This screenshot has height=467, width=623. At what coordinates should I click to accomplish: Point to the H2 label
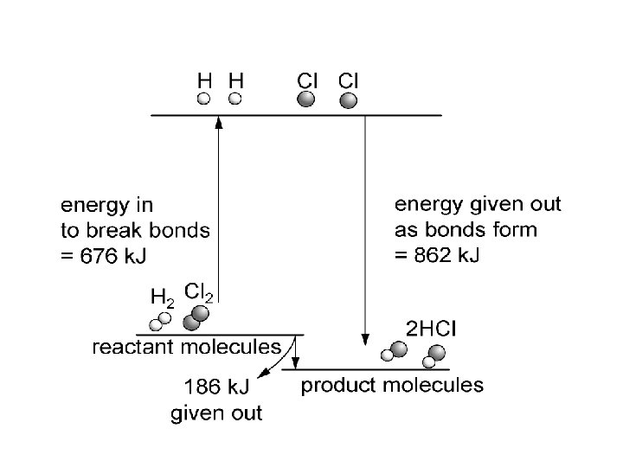(162, 297)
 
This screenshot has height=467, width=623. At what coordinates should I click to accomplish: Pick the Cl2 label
(198, 291)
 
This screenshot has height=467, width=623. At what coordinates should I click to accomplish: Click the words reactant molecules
(187, 348)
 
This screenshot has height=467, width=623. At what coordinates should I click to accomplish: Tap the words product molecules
(392, 385)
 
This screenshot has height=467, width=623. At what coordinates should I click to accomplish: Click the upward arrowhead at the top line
(218, 122)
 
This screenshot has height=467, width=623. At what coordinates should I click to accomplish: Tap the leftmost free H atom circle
(204, 99)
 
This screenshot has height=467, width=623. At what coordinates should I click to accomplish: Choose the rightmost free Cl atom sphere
(349, 100)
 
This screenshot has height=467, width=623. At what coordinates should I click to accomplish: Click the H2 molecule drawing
(160, 321)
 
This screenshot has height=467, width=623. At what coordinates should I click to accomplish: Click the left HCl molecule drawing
(395, 351)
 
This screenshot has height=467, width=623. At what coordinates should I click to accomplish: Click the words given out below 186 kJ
(216, 413)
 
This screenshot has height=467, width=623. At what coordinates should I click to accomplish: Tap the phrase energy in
(106, 206)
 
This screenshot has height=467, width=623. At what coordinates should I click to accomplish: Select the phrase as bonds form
(466, 230)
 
